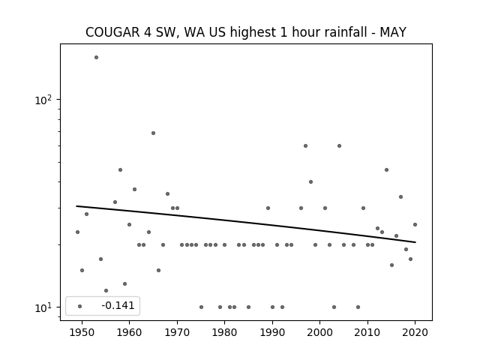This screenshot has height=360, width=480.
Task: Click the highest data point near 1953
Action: (96, 57)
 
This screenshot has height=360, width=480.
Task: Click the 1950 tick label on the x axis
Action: (82, 332)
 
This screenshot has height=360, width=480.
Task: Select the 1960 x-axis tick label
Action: (129, 332)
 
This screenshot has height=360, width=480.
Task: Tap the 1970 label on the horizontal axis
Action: (177, 332)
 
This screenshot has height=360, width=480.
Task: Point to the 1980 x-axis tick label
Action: (224, 332)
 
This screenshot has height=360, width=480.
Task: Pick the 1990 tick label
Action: (272, 332)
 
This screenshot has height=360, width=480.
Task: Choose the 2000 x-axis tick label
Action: (320, 332)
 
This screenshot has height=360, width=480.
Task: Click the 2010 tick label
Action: (367, 332)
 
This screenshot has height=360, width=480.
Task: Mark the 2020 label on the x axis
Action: (415, 332)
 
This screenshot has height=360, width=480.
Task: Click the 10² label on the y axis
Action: (43, 100)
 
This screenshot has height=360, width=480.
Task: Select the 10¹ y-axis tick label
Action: (43, 307)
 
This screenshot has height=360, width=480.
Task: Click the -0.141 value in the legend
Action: (118, 305)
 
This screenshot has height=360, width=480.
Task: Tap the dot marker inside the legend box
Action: (80, 306)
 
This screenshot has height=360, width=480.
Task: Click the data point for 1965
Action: (153, 133)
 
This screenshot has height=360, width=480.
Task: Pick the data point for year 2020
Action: (415, 224)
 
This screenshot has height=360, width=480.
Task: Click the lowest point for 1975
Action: (201, 307)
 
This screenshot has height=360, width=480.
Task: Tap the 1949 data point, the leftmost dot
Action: (77, 232)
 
